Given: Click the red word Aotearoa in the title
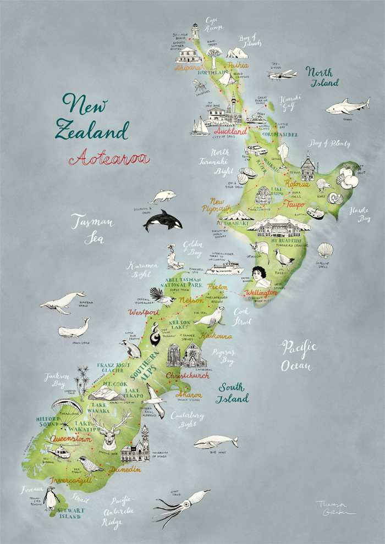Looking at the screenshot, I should (109, 158).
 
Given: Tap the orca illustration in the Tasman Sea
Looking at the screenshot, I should (163, 220).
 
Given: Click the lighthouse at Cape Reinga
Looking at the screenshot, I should (195, 31).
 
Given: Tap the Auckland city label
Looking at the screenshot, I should (230, 132).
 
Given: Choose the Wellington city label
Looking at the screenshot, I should (261, 292).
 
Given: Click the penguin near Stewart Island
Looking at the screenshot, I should (52, 499).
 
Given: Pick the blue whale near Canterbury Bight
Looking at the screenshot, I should (216, 442).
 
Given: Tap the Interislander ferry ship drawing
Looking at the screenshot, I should (224, 268).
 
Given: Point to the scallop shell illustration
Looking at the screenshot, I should (326, 251).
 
